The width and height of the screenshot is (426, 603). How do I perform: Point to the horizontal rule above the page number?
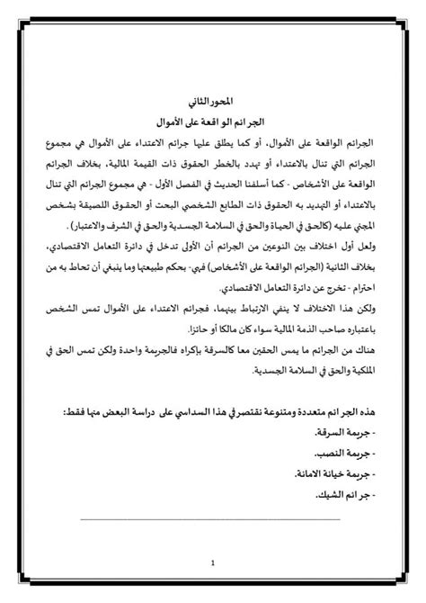[x=213, y=518]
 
